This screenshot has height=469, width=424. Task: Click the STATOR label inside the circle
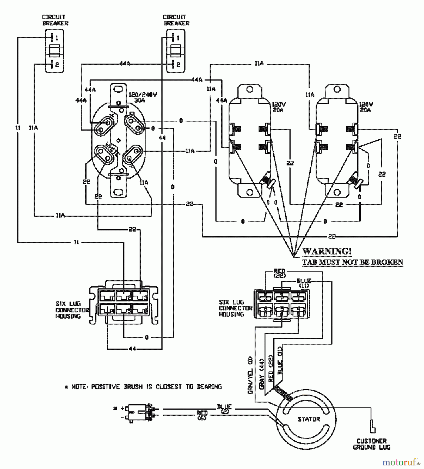tap(309, 419)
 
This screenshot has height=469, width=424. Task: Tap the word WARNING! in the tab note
tap(327, 251)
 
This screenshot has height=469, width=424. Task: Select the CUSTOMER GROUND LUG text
tap(372, 444)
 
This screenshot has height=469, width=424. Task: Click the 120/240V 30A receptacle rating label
tap(143, 97)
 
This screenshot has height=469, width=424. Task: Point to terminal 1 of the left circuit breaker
tap(54, 38)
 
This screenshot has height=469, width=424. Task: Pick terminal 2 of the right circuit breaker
tap(175, 64)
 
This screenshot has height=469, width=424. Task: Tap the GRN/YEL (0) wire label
tap(250, 375)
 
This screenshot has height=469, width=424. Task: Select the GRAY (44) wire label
tap(262, 374)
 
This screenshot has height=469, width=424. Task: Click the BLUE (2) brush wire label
tap(224, 409)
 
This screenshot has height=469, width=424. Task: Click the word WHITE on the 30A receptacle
tap(112, 149)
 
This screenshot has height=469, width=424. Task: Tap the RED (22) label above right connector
tap(279, 273)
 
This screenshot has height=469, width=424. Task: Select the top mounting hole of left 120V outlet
tap(250, 89)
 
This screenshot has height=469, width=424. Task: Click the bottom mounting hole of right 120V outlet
tap(337, 193)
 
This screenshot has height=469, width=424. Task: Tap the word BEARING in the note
tap(209, 387)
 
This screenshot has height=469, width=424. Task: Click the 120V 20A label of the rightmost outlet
tap(366, 107)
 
